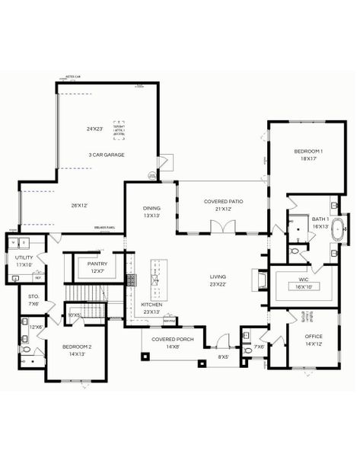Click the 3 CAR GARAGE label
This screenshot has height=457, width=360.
[x=106, y=155]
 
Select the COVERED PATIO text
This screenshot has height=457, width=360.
[x=221, y=201]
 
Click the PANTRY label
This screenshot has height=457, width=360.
[x=97, y=264]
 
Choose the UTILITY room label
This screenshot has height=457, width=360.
[x=24, y=258]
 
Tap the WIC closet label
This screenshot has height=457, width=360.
[x=298, y=280]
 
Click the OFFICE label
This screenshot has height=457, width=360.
[x=314, y=336]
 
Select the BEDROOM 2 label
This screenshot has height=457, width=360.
[x=76, y=347]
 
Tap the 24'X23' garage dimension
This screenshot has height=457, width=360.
[x=98, y=129]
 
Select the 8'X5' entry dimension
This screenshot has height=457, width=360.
[x=224, y=356]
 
